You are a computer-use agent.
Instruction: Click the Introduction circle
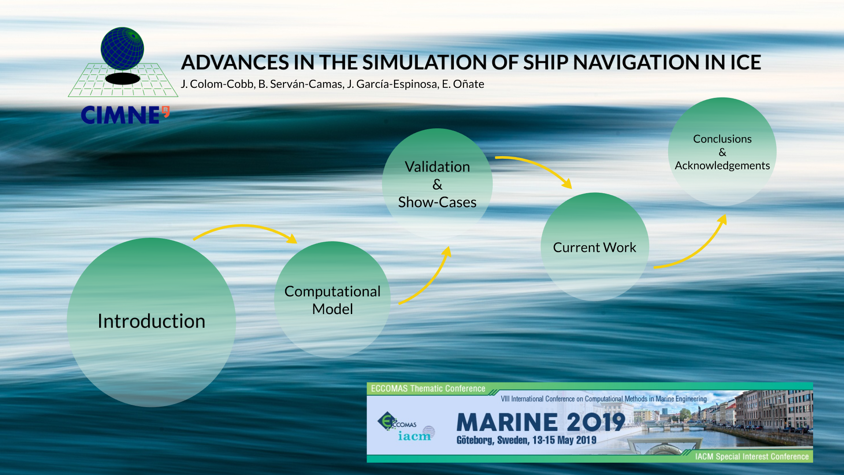[151, 322]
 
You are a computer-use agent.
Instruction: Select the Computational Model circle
[332, 300]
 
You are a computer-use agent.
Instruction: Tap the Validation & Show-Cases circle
[437, 184]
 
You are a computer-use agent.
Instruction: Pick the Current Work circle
[595, 247]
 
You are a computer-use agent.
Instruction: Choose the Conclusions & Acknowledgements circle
[722, 152]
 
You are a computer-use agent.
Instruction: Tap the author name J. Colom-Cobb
[217, 84]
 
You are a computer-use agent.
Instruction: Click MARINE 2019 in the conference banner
[541, 422]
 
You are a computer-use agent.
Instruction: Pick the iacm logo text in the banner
[414, 436]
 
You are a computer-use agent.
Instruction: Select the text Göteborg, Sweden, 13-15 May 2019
[526, 440]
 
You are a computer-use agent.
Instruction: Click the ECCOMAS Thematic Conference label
[428, 389]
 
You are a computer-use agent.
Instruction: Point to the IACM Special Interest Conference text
[752, 456]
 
